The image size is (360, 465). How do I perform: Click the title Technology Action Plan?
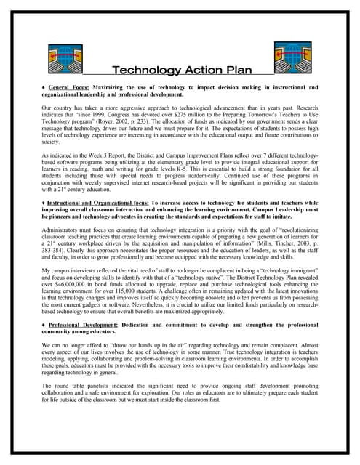181,70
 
